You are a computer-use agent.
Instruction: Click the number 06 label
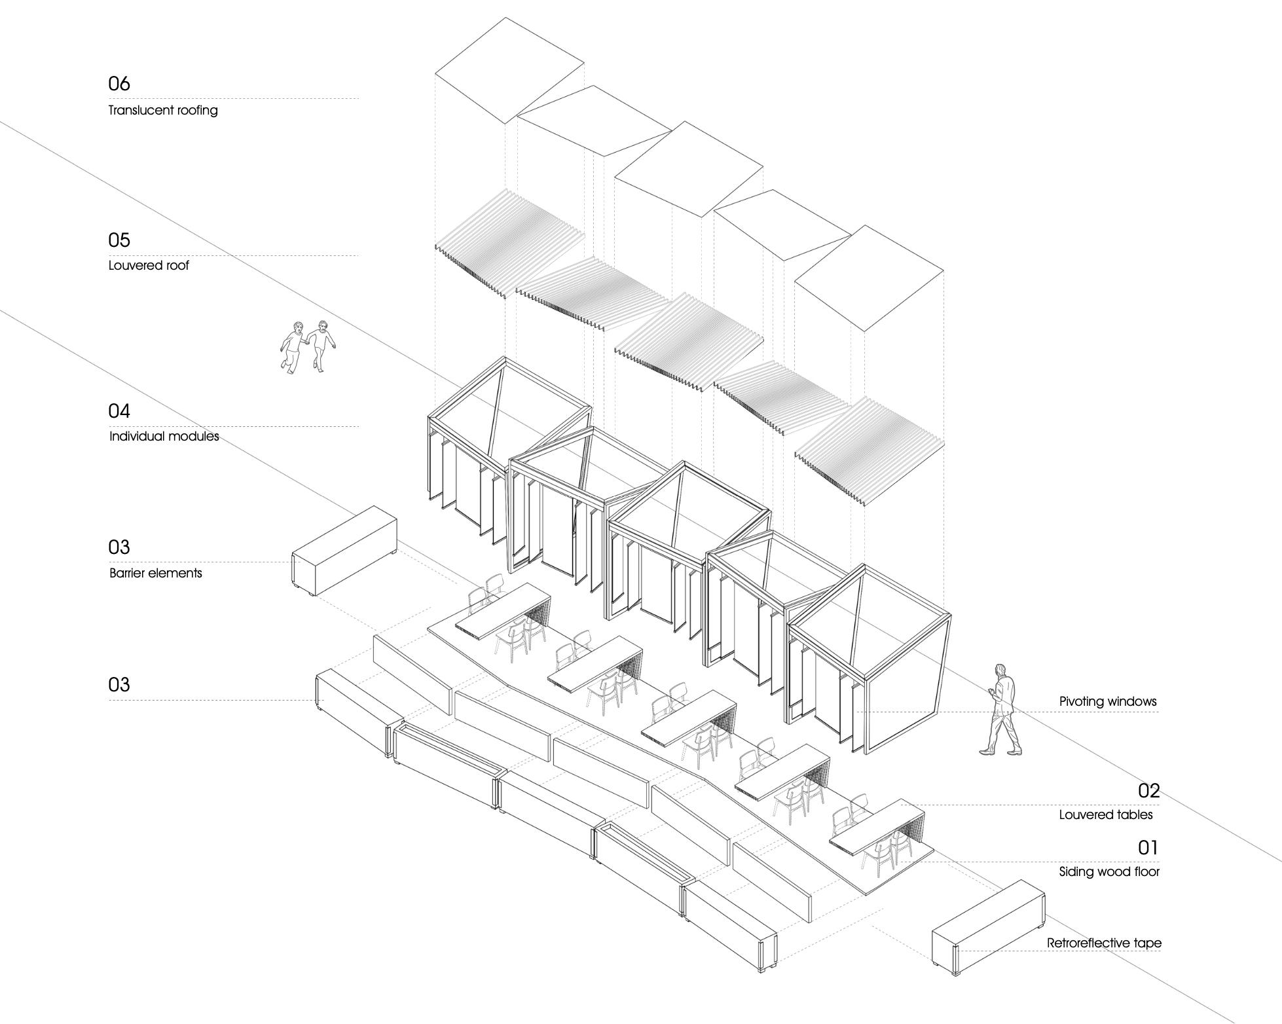point(119,84)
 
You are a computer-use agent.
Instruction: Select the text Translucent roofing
point(163,110)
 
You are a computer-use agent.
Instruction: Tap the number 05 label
point(119,240)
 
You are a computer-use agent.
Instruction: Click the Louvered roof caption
point(149,266)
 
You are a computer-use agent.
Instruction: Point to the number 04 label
point(119,411)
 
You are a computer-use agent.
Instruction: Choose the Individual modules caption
point(164,437)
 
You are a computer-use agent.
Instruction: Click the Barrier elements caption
point(156,574)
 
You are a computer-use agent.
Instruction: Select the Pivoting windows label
point(1108,702)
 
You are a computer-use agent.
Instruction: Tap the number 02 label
point(1148,791)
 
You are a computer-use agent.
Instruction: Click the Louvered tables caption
point(1106,815)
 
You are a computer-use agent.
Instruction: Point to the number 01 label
point(1148,848)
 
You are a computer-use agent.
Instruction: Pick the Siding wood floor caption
point(1109,872)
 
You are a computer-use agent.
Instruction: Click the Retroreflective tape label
point(1104,943)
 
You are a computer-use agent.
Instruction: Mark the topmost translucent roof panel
point(509,69)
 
